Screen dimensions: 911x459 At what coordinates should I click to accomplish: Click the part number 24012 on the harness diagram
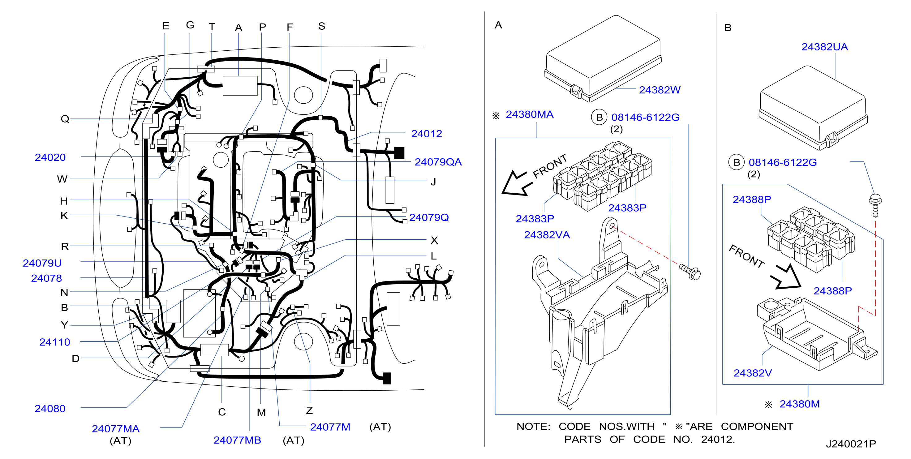(426, 134)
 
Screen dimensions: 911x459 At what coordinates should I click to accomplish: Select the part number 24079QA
(438, 162)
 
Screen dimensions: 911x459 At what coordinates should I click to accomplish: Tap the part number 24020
(50, 157)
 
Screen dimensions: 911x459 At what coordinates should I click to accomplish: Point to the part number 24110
(55, 342)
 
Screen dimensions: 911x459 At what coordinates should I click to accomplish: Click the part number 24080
(50, 409)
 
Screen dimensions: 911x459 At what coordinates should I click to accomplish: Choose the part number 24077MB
(237, 440)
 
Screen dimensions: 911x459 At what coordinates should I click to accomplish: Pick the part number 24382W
(660, 90)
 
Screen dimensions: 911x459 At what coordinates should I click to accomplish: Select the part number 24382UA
(824, 47)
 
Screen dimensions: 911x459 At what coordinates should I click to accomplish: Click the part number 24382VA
(547, 235)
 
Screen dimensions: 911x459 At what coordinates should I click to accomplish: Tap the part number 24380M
(800, 404)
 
